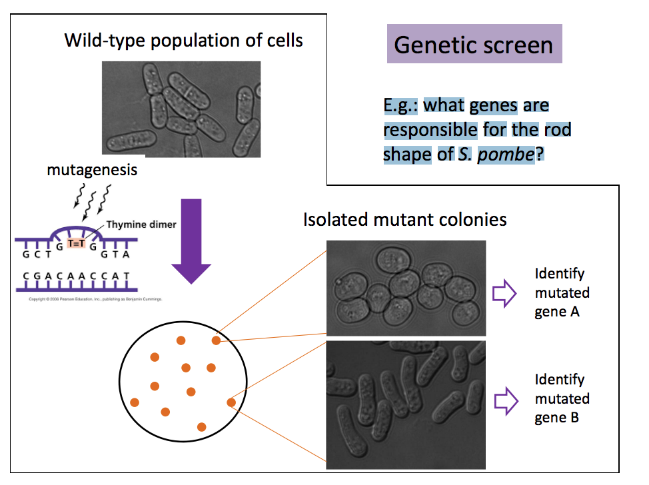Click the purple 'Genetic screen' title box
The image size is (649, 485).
pos(474,45)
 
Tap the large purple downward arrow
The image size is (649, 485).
pos(191,240)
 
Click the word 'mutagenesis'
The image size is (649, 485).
pos(92,170)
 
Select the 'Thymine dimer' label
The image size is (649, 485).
pos(141,225)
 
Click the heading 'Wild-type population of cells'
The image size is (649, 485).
pos(183,40)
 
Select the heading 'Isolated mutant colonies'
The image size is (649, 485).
pos(404,219)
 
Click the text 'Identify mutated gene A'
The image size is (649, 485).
pos(562,292)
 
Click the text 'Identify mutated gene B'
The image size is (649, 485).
pos(562,398)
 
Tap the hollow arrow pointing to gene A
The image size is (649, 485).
pos(504,293)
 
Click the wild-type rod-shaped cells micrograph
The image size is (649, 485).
pos(181,109)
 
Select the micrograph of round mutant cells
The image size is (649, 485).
pos(406,287)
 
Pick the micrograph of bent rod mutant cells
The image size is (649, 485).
pos(406,404)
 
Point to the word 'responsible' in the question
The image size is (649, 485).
pos(430,129)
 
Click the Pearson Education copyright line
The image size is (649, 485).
pos(95,299)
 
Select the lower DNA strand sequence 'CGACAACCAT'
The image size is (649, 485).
pos(75,276)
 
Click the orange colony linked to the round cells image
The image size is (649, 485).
pos(216,341)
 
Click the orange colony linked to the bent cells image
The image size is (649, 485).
pos(231,402)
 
